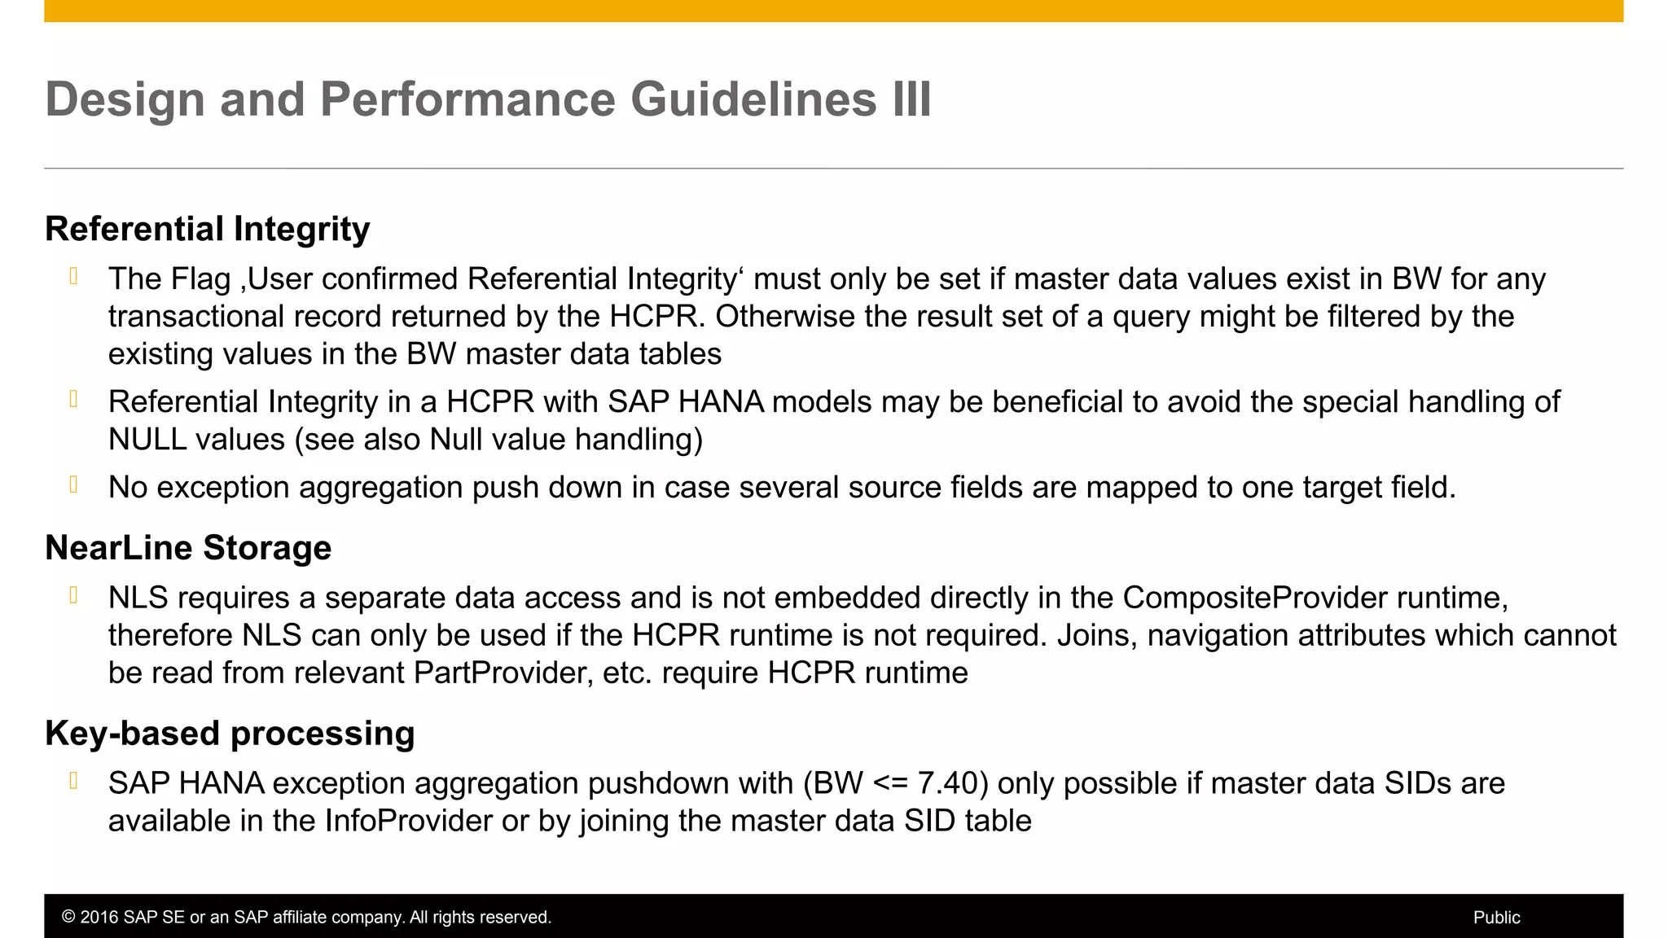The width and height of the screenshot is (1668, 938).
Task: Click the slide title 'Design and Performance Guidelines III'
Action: [488, 99]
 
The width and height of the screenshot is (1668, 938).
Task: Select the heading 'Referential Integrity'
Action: [207, 229]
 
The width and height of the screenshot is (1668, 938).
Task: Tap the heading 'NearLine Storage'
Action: [188, 548]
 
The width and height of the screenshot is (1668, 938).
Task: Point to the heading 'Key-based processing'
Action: [230, 734]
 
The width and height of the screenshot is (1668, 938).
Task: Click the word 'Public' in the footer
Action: [1496, 918]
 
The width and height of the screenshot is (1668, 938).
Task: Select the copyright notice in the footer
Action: [306, 918]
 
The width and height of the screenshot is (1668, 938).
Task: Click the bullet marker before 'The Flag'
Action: [74, 277]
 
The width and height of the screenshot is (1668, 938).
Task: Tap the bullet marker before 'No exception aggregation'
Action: [74, 485]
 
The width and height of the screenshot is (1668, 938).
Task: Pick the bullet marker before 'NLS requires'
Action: [74, 596]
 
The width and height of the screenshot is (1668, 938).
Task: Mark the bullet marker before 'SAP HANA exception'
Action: [74, 782]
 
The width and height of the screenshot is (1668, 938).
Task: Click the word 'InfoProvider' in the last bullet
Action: [409, 821]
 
